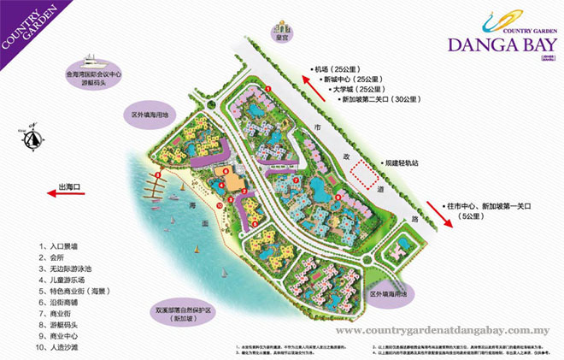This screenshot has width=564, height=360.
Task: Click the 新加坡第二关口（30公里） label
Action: (365, 99)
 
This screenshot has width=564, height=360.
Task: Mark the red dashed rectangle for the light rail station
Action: (367, 174)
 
